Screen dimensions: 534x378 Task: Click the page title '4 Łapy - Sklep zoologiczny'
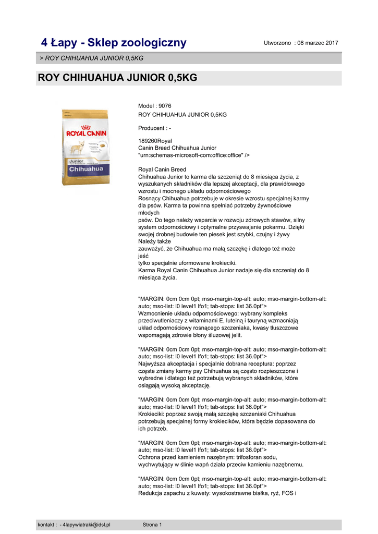114,42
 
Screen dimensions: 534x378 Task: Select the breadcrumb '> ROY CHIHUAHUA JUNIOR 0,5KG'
92,58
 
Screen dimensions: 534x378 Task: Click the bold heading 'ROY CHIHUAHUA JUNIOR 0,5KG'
117,78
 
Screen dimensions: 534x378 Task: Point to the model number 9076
165,106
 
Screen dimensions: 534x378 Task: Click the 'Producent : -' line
154,128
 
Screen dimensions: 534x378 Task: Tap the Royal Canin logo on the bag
86,132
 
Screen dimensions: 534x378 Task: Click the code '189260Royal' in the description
155,141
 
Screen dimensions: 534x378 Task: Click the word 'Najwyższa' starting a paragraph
152,364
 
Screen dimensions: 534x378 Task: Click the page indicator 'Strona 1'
152,525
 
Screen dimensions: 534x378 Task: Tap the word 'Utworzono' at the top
277,43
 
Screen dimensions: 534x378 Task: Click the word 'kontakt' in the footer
46,525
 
